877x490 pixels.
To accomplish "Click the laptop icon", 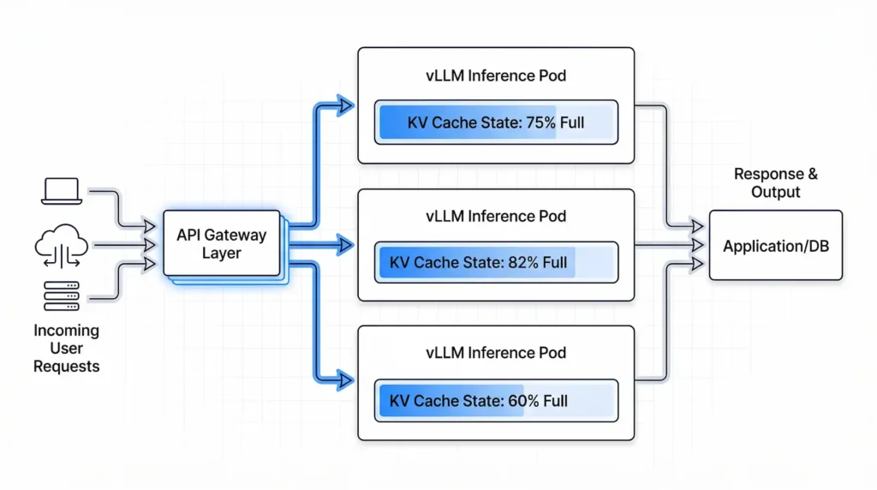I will point(61,190).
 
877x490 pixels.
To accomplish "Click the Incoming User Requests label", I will point(66,349).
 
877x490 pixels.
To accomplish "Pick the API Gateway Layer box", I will point(222,243).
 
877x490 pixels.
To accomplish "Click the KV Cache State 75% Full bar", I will point(496,122).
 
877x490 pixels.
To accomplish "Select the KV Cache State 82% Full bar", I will point(496,262).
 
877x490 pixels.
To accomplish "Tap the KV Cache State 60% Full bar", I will point(496,400).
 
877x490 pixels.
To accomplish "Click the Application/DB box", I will point(775,246).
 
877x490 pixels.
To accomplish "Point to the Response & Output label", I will point(775,182).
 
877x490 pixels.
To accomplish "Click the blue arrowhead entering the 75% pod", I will point(346,106).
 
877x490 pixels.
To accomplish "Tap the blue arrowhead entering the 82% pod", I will point(346,245).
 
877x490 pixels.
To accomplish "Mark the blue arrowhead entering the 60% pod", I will point(346,377).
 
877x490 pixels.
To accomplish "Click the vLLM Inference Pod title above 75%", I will point(496,75).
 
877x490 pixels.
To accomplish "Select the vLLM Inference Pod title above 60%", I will point(496,353).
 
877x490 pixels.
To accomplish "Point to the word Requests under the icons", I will point(66,367).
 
